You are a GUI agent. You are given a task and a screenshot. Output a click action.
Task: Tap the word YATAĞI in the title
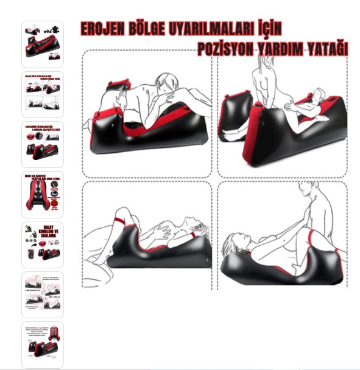click(x=327, y=49)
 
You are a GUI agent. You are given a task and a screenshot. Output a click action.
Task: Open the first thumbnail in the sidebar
click(x=42, y=44)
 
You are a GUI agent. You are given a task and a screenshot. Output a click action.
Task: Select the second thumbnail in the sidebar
click(x=42, y=94)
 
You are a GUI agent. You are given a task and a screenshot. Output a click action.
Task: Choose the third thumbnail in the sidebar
click(x=42, y=144)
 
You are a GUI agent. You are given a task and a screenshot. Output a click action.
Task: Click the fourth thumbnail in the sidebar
click(x=42, y=194)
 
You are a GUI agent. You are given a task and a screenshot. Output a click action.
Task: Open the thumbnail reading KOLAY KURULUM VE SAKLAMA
click(x=42, y=244)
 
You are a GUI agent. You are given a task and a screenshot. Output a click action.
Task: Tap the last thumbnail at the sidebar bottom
click(x=42, y=344)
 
